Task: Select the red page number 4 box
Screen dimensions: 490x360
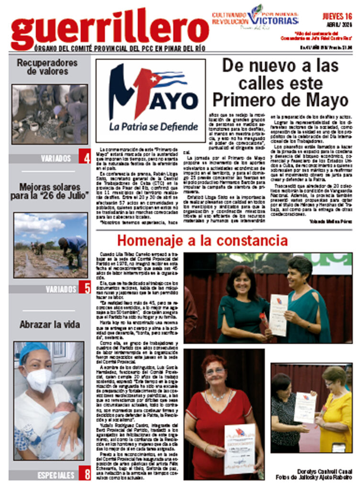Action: coord(84,157)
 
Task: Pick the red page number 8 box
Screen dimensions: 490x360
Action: coord(84,474)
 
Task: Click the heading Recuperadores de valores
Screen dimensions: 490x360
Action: coord(47,67)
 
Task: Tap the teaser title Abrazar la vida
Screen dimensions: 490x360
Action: coord(50,324)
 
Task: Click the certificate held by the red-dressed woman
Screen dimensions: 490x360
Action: coord(239,447)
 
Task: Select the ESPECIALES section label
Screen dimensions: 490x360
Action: coord(56,475)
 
